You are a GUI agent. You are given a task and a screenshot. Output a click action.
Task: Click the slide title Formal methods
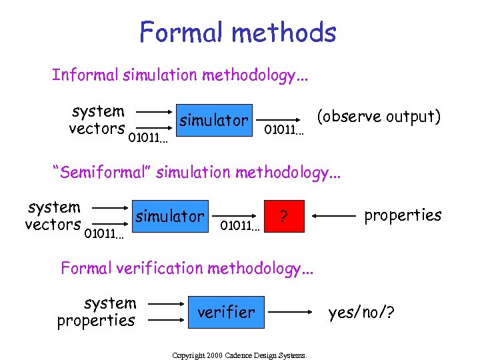[238, 32]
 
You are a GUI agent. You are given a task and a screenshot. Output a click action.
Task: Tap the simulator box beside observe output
[213, 120]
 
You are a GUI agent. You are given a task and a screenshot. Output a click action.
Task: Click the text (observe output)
[379, 117]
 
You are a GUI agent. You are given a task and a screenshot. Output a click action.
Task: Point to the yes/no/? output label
[361, 311]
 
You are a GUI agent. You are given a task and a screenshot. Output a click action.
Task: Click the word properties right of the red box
[403, 215]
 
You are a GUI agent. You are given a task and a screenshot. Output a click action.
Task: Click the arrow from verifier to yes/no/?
[291, 311]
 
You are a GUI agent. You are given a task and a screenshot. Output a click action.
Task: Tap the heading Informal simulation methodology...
[181, 75]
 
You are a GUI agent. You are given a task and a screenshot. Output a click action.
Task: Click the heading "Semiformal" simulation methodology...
[197, 173]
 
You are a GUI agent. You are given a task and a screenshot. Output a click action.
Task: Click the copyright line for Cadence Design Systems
[239, 355]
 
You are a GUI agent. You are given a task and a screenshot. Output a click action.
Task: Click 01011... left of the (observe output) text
[283, 129]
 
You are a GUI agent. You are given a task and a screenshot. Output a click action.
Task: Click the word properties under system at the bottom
[96, 321]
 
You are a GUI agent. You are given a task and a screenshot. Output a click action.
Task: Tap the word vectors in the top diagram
[97, 129]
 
